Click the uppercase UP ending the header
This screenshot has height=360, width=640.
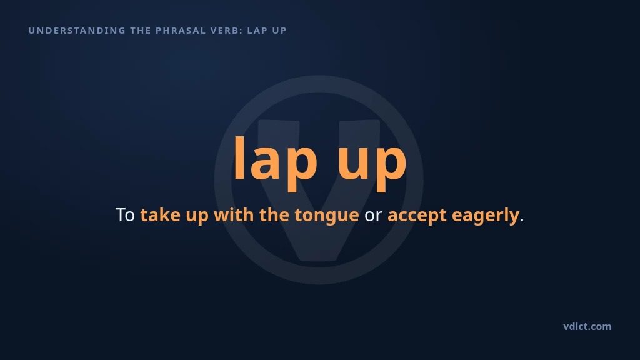click(280, 31)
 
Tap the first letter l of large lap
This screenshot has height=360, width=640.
click(239, 157)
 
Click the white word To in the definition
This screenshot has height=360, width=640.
click(125, 215)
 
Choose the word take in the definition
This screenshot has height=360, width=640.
click(161, 215)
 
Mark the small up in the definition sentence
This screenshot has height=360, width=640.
click(197, 217)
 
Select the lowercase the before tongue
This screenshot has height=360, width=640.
click(274, 215)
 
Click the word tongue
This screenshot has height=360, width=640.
click(327, 217)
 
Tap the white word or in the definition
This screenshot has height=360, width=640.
click(373, 217)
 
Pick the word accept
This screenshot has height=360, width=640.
click(417, 217)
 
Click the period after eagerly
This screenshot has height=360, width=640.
click(522, 221)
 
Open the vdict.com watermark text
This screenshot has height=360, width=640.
click(587, 326)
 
